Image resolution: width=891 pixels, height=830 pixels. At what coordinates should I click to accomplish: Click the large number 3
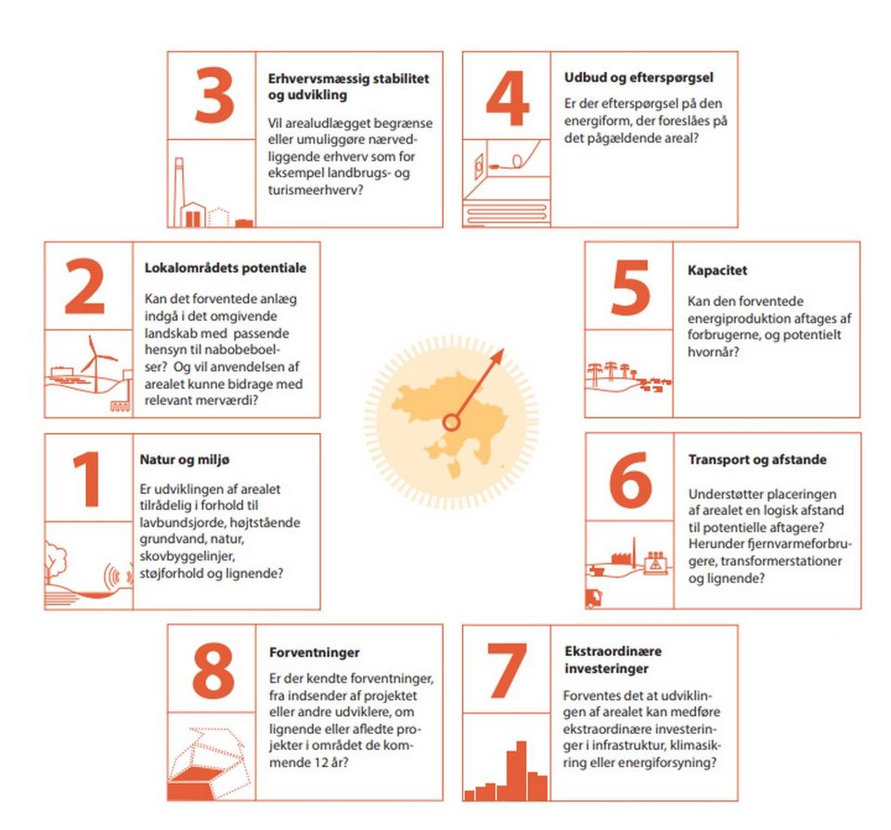(214, 96)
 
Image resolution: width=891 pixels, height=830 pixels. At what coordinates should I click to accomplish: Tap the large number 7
(507, 670)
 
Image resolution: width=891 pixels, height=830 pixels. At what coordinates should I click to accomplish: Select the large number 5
(630, 287)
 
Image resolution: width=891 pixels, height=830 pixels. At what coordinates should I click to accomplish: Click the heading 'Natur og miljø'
(185, 460)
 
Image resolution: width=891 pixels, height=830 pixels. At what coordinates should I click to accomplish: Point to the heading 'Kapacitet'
(717, 270)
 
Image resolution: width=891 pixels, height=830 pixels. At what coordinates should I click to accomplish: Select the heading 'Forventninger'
(315, 652)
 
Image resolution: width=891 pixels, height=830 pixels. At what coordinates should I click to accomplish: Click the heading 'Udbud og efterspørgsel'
(639, 78)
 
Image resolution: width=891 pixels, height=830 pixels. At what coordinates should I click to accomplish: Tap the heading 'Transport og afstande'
(757, 459)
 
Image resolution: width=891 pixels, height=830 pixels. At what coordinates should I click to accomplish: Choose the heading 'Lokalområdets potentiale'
(225, 268)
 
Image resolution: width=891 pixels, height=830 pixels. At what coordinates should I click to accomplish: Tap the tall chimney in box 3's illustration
(179, 192)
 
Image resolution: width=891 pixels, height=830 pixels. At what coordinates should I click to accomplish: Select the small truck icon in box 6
(594, 598)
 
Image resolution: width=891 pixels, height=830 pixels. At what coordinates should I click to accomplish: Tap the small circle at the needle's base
(451, 422)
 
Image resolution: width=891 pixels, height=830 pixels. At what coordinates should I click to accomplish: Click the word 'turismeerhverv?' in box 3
(316, 190)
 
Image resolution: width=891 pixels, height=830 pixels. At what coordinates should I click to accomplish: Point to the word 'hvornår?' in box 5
(713, 352)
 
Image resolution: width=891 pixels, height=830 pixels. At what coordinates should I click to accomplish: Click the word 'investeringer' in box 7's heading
(606, 669)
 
